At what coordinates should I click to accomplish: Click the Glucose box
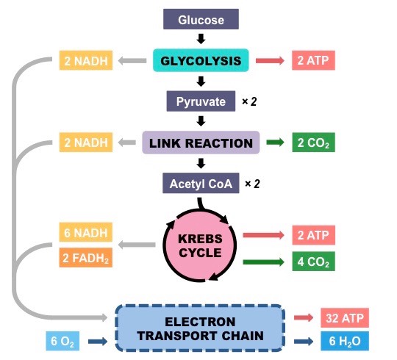point(201,19)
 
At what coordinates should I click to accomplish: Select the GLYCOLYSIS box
point(201,60)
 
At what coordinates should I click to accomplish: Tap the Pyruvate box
point(201,101)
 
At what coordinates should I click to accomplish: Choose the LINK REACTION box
point(201,143)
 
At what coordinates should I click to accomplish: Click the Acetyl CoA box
point(201,183)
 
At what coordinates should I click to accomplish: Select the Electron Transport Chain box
point(200,328)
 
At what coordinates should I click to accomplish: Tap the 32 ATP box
point(345,317)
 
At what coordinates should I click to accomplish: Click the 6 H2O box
point(345,341)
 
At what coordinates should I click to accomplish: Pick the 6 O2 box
point(62,341)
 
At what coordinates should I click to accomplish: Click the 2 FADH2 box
point(86,258)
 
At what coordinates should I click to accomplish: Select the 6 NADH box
point(86,232)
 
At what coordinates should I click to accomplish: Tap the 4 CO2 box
point(313,262)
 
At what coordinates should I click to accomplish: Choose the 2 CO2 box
point(313,143)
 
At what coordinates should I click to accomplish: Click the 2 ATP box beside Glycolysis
point(313,60)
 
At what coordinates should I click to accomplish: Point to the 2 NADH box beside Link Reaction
point(86,143)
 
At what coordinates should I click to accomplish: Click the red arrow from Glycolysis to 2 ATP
point(270,61)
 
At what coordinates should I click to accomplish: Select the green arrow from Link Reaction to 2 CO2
point(275,143)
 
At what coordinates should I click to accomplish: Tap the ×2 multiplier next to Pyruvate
point(249,101)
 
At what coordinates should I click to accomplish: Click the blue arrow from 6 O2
point(98,342)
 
